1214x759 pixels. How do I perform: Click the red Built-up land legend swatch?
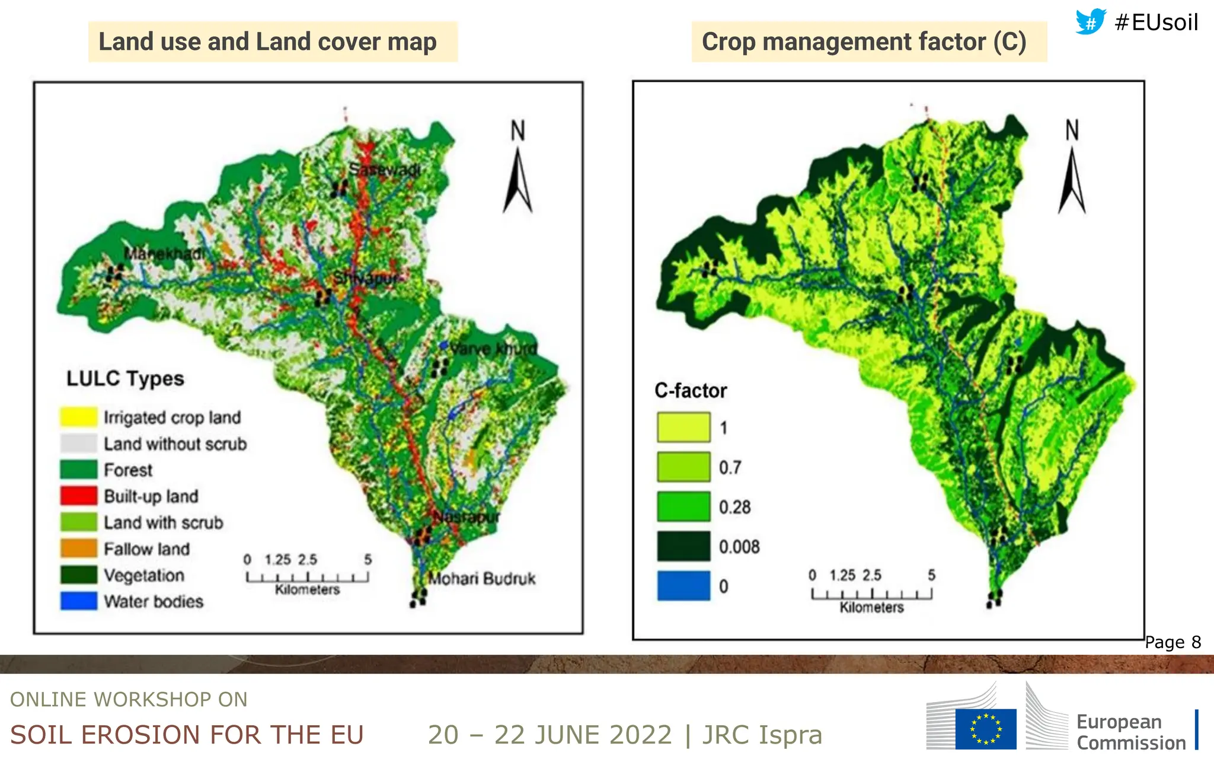click(x=78, y=496)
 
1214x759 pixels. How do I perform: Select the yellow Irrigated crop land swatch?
click(x=78, y=417)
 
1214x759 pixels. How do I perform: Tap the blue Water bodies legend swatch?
click(x=78, y=601)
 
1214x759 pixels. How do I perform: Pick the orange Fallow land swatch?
click(x=78, y=548)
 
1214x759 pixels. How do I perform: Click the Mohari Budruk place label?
click(x=481, y=579)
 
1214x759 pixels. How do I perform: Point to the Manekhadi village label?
click(x=164, y=254)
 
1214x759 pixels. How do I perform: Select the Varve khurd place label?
click(x=493, y=349)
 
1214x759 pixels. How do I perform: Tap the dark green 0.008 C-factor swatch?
click(x=683, y=546)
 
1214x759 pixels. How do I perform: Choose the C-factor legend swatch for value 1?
click(x=683, y=428)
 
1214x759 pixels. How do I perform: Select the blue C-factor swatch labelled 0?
click(x=683, y=586)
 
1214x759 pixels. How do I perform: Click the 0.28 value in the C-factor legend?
click(x=734, y=508)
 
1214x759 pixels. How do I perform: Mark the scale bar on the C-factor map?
click(x=871, y=594)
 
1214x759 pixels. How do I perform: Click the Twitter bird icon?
click(x=1091, y=22)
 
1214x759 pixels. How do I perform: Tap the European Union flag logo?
click(x=985, y=729)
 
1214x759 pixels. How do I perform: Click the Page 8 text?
click(x=1173, y=642)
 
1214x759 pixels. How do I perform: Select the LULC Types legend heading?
click(x=125, y=378)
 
